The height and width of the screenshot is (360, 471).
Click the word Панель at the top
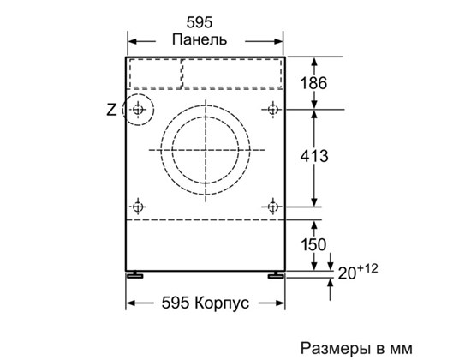(x=200, y=39)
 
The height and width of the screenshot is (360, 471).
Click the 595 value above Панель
(x=200, y=22)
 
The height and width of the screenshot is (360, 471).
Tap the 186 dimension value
(x=313, y=83)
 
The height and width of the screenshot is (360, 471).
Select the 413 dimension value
(x=314, y=156)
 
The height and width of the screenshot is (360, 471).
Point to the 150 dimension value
(x=313, y=244)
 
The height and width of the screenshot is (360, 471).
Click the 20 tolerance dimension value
(x=347, y=273)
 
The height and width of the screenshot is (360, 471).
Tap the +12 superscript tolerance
(x=367, y=268)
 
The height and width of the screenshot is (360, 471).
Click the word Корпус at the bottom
(x=222, y=303)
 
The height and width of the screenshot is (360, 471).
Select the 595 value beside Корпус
(x=176, y=303)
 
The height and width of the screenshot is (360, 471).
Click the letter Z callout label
(x=111, y=110)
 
